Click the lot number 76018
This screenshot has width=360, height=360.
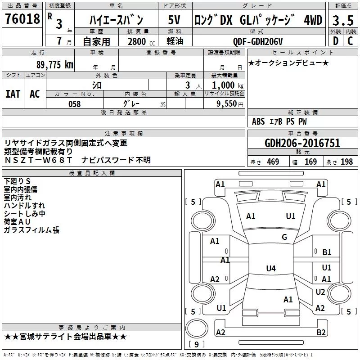pos(22,18)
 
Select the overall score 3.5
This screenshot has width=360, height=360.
pos(343,21)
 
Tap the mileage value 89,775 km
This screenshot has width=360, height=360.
pos(55,65)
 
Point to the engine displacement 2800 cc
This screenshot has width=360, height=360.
pos(141,41)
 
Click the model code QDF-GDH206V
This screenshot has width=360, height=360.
pos(258,41)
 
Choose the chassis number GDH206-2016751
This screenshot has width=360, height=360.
pos(302,143)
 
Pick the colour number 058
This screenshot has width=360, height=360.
pos(75,104)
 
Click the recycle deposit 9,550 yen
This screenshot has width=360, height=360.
pos(230,104)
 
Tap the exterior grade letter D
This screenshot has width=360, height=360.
pos(336,41)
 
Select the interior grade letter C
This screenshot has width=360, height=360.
pos(350,41)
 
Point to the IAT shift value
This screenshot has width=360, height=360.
pos(13,94)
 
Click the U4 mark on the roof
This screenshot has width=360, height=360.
pos(271,268)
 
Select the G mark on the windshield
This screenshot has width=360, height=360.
pos(284,237)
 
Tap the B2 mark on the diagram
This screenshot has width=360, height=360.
pos(321,332)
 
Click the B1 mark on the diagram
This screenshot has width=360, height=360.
pos(327,252)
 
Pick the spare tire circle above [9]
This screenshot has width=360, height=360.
pos(197,328)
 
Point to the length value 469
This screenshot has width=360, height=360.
pos(273,162)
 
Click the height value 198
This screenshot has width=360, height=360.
pos(346,162)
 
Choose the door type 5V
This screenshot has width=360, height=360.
pos(174,20)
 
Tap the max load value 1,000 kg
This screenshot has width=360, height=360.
pos(228,85)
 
